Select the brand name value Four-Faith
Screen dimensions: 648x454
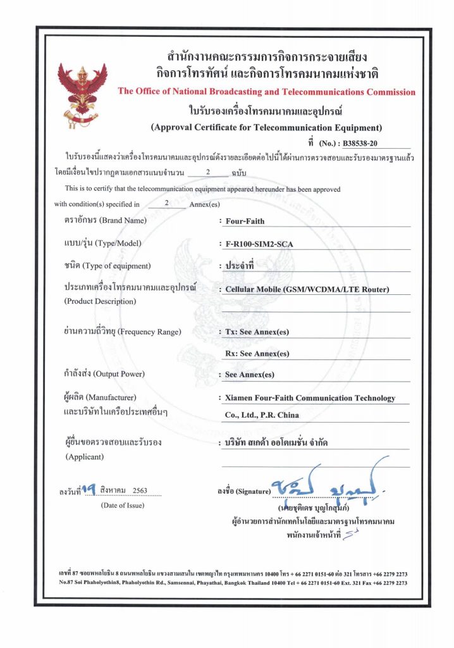click(x=245, y=221)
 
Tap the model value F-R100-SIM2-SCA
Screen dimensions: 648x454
click(x=262, y=244)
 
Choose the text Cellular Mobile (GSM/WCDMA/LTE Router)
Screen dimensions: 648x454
click(x=307, y=290)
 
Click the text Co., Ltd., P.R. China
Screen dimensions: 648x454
click(x=262, y=415)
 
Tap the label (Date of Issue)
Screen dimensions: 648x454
click(x=122, y=505)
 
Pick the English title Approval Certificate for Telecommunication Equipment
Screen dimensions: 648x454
click(x=266, y=127)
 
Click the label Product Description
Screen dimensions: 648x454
click(x=100, y=301)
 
